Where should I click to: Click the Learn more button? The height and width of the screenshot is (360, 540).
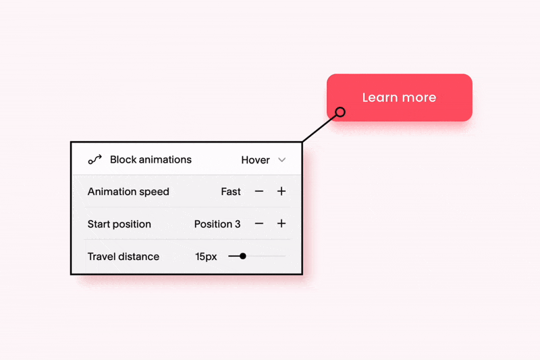pos(399,97)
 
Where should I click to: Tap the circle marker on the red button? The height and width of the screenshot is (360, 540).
pos(340,112)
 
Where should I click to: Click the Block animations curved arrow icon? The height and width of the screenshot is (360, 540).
pos(95,160)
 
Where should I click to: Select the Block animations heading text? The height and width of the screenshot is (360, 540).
pos(151,160)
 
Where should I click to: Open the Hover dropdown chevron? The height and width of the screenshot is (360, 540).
pos(282,160)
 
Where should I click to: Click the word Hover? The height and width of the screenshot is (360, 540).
pos(255,160)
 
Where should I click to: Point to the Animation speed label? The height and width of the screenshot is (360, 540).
pos(128,192)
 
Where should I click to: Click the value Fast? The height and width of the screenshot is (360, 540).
pos(231,192)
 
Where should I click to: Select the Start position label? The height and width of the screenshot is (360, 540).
pos(119,224)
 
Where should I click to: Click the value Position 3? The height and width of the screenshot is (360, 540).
pos(217,224)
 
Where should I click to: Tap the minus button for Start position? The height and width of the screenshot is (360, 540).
pos(259,224)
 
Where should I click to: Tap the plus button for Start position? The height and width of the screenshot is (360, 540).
pos(281,224)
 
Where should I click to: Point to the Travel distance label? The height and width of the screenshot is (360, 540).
pos(124,257)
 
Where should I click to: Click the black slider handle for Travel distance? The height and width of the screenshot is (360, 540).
pos(243,256)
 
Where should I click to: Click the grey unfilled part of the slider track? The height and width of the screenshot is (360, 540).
pos(266,256)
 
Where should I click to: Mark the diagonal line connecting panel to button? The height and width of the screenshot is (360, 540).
pos(319,128)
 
